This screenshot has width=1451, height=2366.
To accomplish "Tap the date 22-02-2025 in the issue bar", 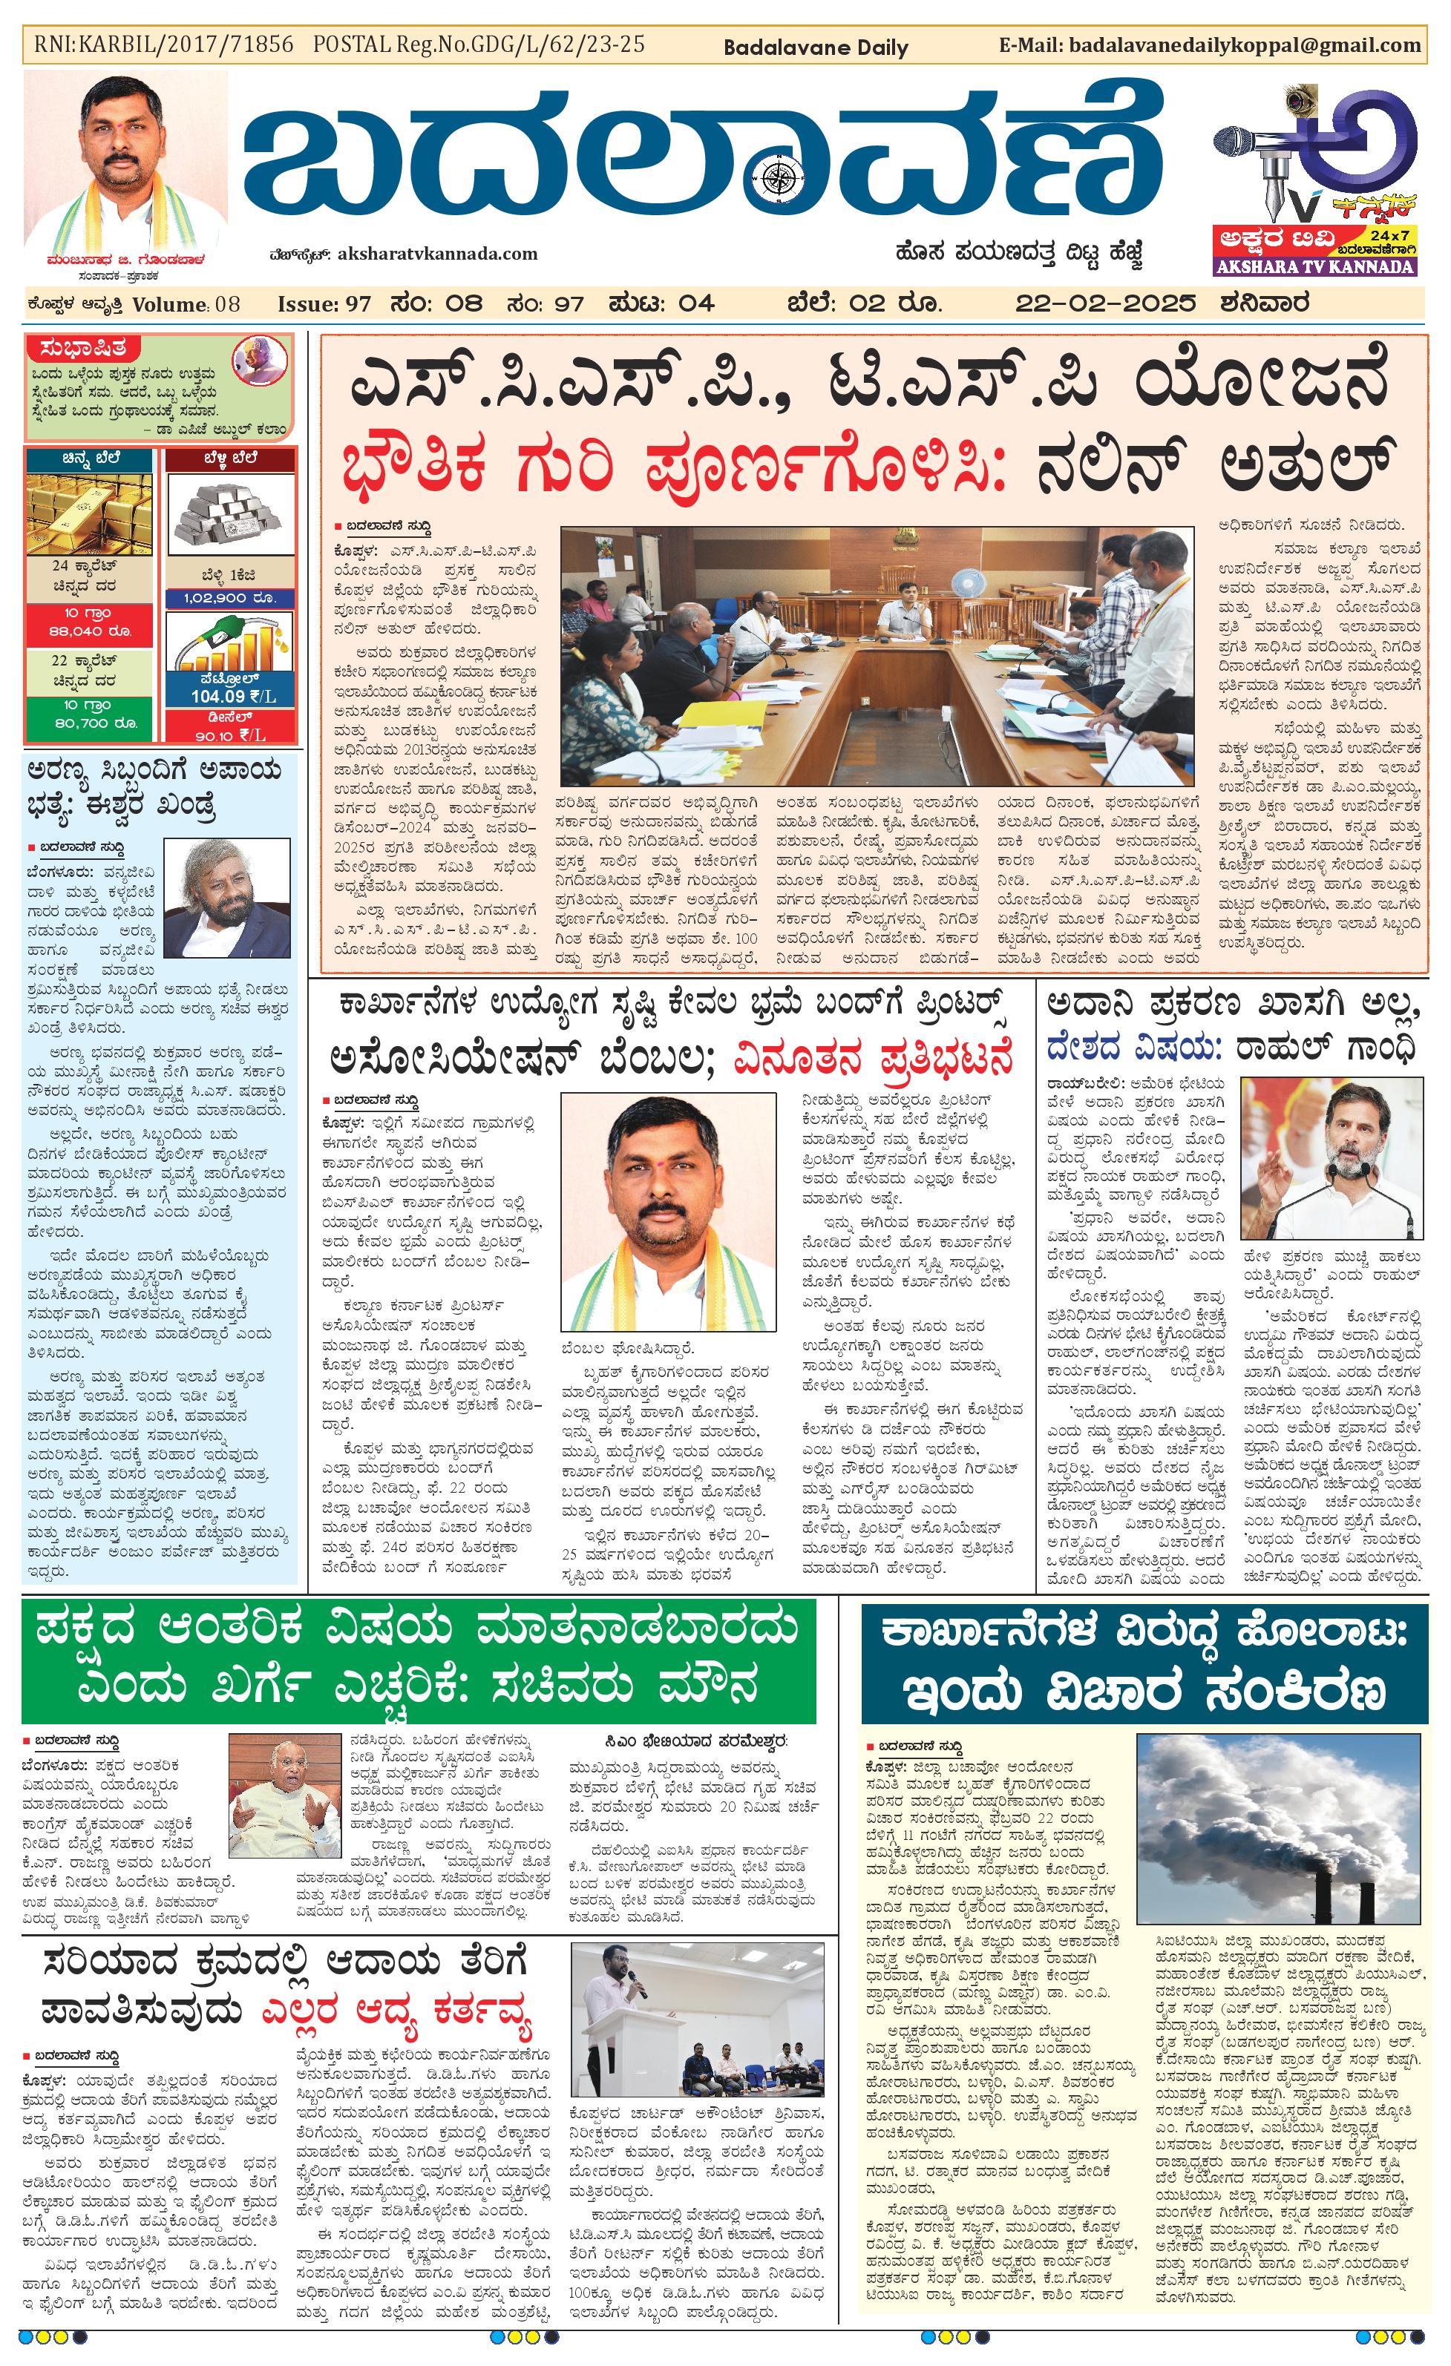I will tap(1105, 303).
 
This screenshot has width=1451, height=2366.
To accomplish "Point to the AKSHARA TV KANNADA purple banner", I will tap(1314, 266).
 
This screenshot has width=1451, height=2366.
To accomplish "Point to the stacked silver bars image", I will tap(231, 516).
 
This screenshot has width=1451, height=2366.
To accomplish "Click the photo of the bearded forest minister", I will tap(226, 898).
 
